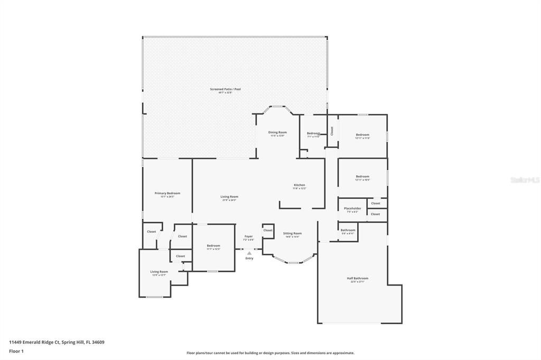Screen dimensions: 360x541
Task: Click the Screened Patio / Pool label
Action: pyautogui.click(x=225, y=90)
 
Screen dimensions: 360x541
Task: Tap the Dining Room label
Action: pyautogui.click(x=277, y=132)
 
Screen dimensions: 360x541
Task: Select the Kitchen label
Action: pyautogui.click(x=300, y=185)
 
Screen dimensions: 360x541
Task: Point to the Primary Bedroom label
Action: pyautogui.click(x=167, y=194)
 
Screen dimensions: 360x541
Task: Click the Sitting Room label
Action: pyautogui.click(x=292, y=233)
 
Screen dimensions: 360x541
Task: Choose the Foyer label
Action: pyautogui.click(x=248, y=236)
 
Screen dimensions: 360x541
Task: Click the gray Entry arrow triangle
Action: pyautogui.click(x=249, y=253)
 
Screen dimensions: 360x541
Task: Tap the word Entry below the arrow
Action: pyautogui.click(x=249, y=258)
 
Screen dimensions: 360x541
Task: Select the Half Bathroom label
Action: pyautogui.click(x=358, y=278)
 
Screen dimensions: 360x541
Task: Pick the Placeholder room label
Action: pyautogui.click(x=352, y=209)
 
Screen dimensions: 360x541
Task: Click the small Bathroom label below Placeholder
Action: pyautogui.click(x=348, y=230)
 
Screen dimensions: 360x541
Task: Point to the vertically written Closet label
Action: pyautogui.click(x=332, y=131)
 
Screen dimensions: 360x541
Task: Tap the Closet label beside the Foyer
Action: pyautogui.click(x=268, y=230)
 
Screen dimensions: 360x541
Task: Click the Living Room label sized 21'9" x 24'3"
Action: pyautogui.click(x=229, y=197)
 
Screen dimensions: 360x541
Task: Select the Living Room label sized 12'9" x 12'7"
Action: pyautogui.click(x=159, y=272)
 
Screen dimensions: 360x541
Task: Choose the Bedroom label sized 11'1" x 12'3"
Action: pyautogui.click(x=213, y=246)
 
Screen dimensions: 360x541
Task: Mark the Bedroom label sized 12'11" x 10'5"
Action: pyautogui.click(x=362, y=177)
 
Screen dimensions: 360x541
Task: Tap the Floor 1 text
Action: pyautogui.click(x=16, y=351)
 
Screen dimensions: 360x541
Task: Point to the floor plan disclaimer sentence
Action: pyautogui.click(x=270, y=353)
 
